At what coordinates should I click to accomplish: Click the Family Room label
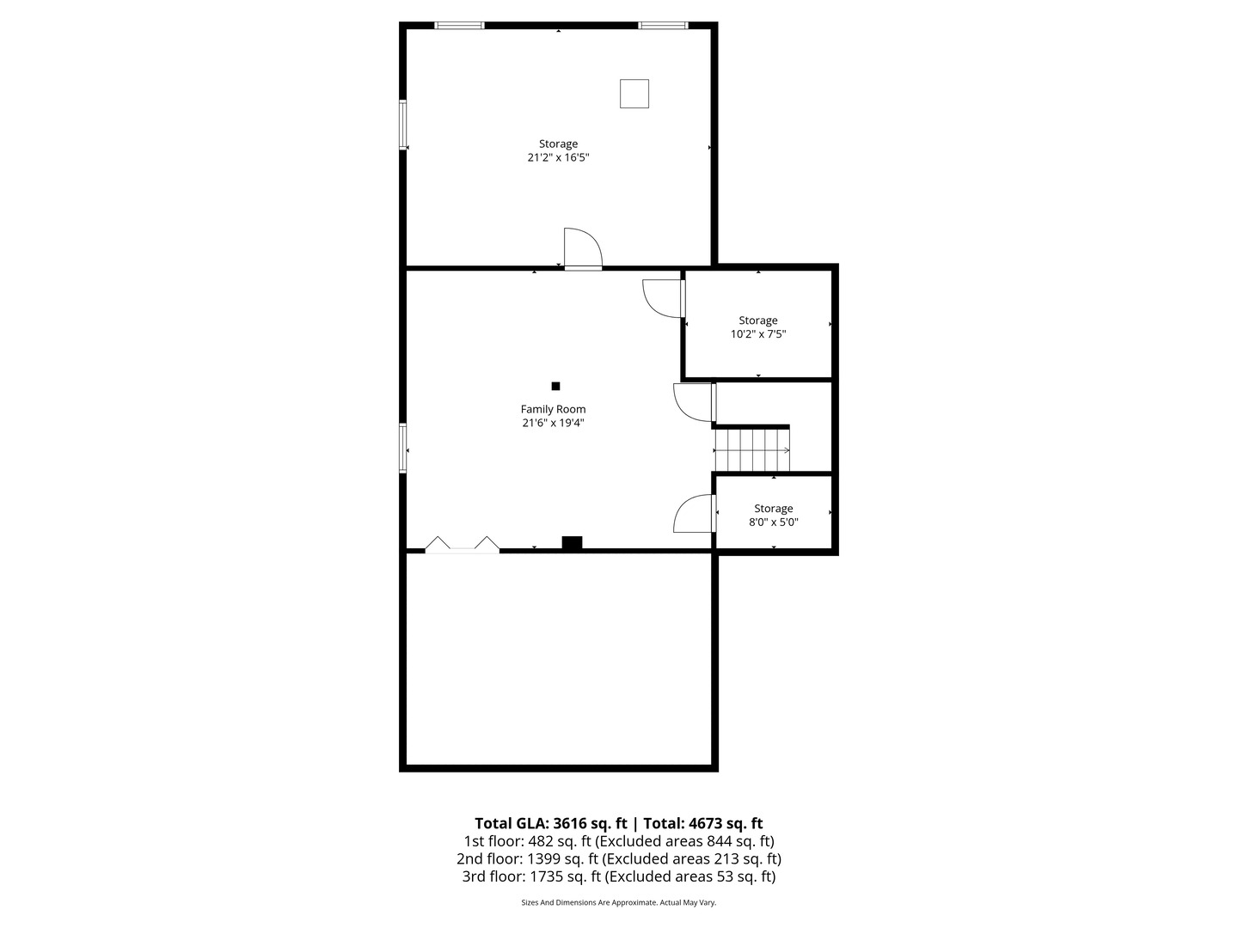click(x=553, y=409)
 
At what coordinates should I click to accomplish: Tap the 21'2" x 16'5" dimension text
click(x=558, y=158)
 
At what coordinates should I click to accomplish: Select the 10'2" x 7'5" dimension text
click(x=758, y=334)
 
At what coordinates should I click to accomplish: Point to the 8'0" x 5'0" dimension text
click(x=774, y=522)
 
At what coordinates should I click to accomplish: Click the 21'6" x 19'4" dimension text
click(x=553, y=423)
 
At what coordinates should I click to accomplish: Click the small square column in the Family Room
click(x=555, y=386)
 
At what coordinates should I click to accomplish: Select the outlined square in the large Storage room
click(x=634, y=94)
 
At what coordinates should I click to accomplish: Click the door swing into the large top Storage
click(x=582, y=249)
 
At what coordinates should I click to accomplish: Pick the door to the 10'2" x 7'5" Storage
click(x=664, y=298)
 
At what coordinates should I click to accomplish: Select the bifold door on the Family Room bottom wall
click(x=463, y=545)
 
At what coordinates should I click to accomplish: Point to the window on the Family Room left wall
click(x=402, y=448)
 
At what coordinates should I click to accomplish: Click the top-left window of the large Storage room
click(x=460, y=26)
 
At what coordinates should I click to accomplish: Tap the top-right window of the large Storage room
click(x=663, y=26)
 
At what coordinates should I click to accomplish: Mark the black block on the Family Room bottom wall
click(x=572, y=542)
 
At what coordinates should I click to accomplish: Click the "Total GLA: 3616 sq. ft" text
click(x=551, y=823)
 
